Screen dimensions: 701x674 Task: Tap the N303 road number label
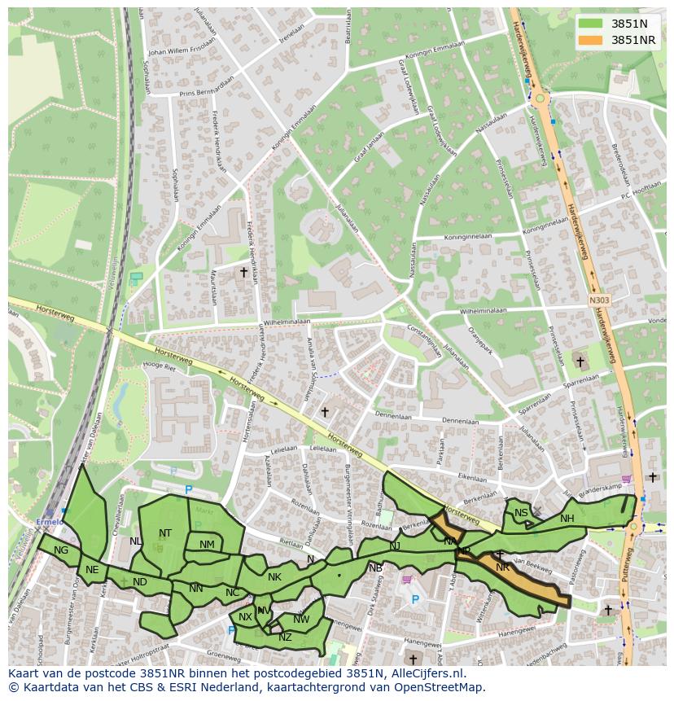click(x=600, y=300)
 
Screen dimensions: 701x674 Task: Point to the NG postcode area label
click(x=61, y=550)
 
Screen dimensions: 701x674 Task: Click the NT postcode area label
click(x=165, y=533)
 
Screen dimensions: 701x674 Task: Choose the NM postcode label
click(x=207, y=545)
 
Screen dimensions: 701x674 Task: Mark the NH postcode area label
click(x=567, y=519)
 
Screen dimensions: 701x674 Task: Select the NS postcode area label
click(x=521, y=513)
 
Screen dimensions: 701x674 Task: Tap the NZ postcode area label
click(x=285, y=637)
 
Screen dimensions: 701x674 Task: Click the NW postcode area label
click(x=301, y=620)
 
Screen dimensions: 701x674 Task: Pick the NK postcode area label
click(x=274, y=577)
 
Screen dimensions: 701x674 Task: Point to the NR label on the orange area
click(x=502, y=567)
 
